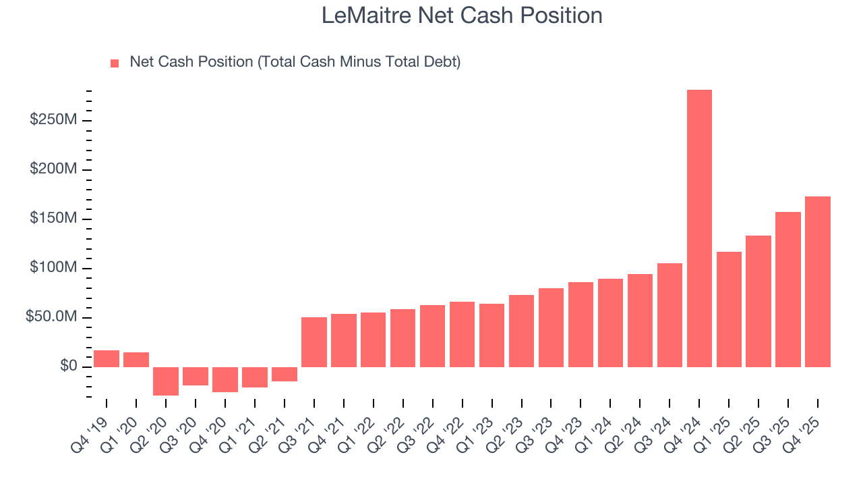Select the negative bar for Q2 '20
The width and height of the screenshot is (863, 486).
click(x=166, y=381)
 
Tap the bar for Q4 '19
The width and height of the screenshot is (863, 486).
click(x=107, y=358)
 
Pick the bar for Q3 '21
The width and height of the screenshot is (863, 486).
click(x=314, y=342)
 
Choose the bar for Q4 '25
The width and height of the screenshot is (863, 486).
click(x=818, y=281)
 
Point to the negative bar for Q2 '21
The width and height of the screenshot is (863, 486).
click(x=285, y=374)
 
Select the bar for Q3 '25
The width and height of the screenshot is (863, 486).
click(x=788, y=290)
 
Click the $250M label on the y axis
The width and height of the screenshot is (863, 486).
click(x=53, y=120)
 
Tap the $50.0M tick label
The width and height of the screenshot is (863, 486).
click(x=51, y=317)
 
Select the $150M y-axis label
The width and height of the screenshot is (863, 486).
click(x=53, y=219)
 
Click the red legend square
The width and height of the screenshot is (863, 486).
click(x=115, y=63)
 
